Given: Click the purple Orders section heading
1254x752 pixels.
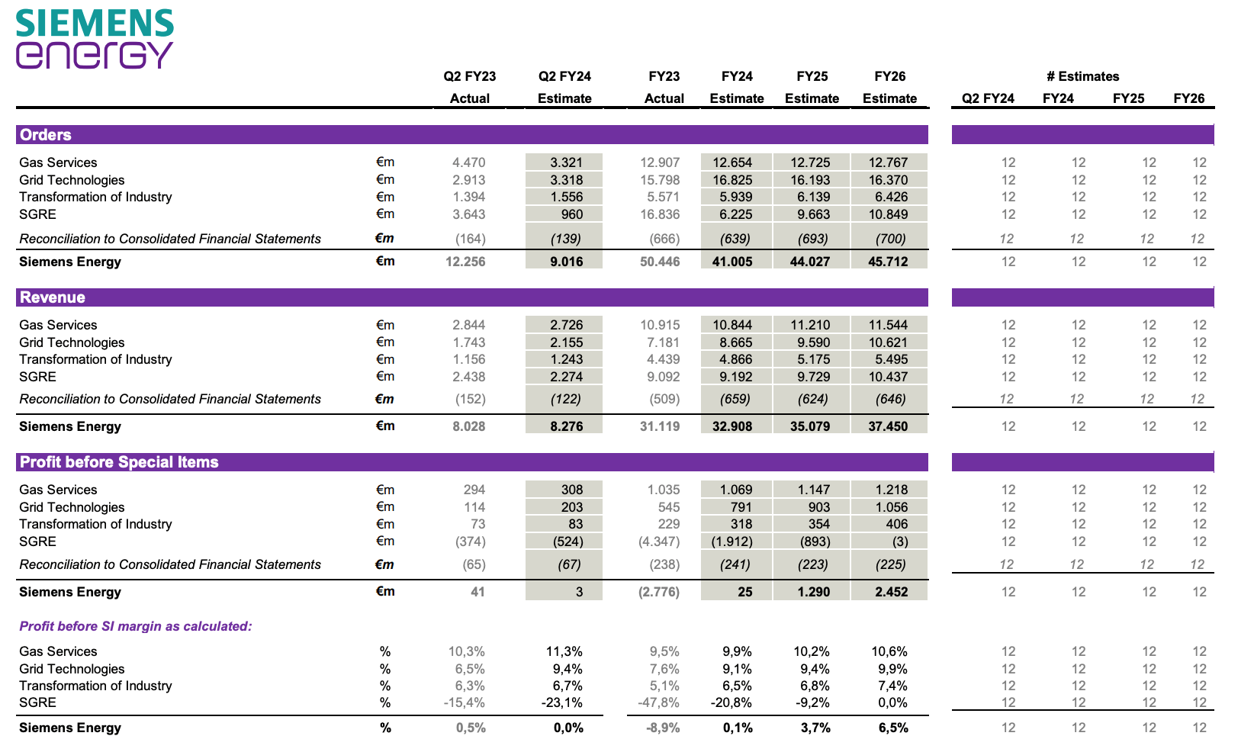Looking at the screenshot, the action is (45, 135).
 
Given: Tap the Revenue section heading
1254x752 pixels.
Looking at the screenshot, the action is (53, 297).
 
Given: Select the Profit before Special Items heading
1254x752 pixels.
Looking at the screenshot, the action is (119, 462).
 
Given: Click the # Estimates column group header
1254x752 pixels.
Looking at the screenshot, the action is (1082, 76).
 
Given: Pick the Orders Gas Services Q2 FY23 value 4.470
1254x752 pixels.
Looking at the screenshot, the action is (468, 162).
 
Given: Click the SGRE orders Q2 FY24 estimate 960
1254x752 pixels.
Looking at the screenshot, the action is (571, 214).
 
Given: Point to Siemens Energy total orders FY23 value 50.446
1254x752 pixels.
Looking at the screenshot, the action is (660, 262).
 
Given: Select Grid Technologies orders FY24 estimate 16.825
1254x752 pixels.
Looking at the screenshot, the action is (732, 180).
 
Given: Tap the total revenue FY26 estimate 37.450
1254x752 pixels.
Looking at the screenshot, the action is (888, 426).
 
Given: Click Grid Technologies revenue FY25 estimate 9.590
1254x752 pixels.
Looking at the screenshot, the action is (813, 342).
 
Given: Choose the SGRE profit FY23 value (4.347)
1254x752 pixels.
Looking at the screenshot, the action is (659, 542).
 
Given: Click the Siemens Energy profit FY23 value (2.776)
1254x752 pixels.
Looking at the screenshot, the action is (659, 592).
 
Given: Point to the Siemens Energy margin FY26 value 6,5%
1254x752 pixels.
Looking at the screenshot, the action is (893, 728).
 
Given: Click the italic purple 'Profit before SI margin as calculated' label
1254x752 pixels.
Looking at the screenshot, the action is (136, 626).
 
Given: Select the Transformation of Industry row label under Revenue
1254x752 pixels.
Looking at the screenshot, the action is (95, 359).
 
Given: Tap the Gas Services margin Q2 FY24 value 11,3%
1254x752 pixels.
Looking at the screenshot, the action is (564, 651).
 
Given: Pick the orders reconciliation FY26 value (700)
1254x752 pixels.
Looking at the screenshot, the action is (891, 239).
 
